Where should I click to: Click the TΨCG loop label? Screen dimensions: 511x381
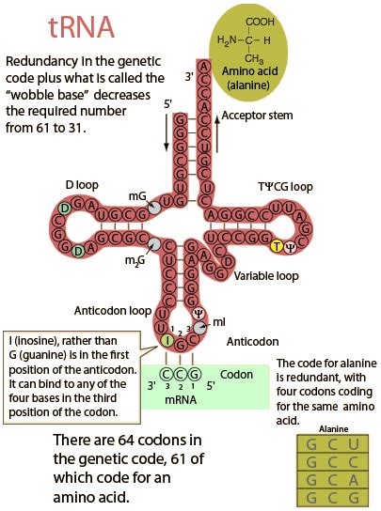[291, 187]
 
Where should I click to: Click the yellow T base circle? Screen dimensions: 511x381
[277, 246]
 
